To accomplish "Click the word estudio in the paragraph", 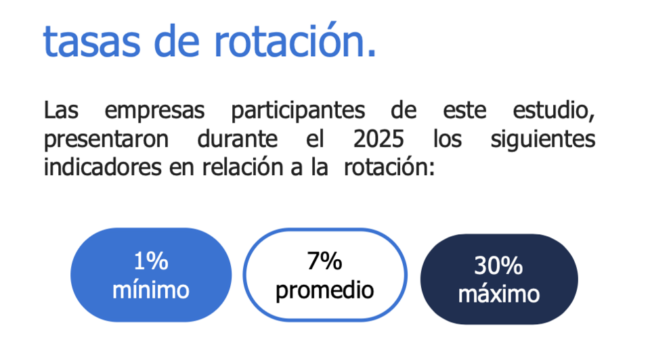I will click(x=555, y=111).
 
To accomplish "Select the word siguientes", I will click(x=542, y=139).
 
